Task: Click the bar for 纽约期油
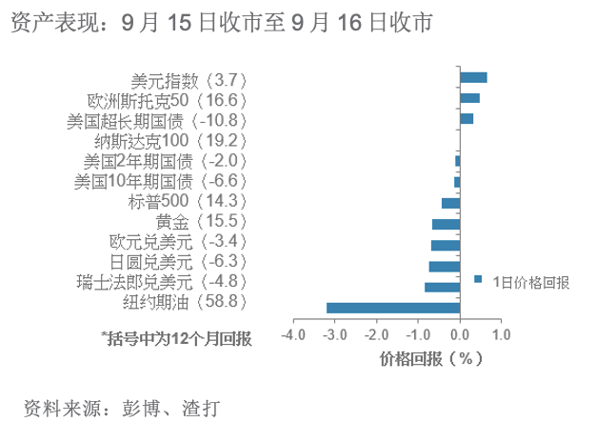click(x=393, y=308)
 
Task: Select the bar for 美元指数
click(x=473, y=77)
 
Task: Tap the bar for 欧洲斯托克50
click(x=470, y=98)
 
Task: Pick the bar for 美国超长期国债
click(x=466, y=118)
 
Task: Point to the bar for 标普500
click(x=451, y=203)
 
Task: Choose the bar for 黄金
click(x=446, y=224)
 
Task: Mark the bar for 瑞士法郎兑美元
click(x=443, y=287)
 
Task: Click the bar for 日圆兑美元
click(x=445, y=267)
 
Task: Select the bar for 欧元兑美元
click(x=446, y=246)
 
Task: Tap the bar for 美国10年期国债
click(x=457, y=182)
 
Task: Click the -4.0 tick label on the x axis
click(x=293, y=335)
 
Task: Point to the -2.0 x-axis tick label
click(x=377, y=335)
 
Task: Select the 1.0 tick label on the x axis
click(x=502, y=335)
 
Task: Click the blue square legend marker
click(x=478, y=279)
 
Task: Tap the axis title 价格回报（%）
click(x=430, y=358)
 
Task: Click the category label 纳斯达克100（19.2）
click(x=170, y=141)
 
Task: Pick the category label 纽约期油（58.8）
click(x=185, y=302)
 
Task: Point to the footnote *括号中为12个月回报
click(x=176, y=338)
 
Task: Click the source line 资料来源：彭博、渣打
click(x=122, y=409)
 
